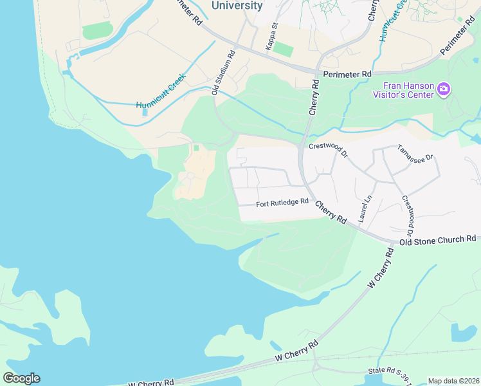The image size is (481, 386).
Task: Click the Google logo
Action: (x=21, y=378)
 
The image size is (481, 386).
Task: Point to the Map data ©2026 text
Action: (x=453, y=381)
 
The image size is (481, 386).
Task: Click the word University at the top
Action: (x=237, y=6)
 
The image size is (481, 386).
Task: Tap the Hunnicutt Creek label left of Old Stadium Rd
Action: (x=161, y=91)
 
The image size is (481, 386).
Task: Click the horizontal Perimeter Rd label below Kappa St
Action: (x=348, y=75)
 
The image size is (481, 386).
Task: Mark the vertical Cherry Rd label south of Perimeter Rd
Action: (x=314, y=98)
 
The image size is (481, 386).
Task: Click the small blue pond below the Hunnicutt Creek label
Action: (x=145, y=112)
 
